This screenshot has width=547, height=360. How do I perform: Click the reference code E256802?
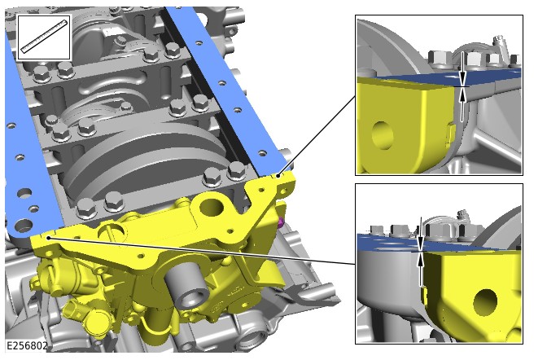coord(27,346)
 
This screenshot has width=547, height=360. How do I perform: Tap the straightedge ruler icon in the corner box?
coord(44,37)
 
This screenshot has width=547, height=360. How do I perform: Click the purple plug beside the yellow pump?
coord(280,222)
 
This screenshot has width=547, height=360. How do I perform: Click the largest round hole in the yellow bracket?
coord(212,208)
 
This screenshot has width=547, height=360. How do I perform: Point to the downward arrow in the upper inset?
coord(462,68)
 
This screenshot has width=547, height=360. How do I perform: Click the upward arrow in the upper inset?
coord(462,105)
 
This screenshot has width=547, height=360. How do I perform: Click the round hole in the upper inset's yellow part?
coord(383,135)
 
